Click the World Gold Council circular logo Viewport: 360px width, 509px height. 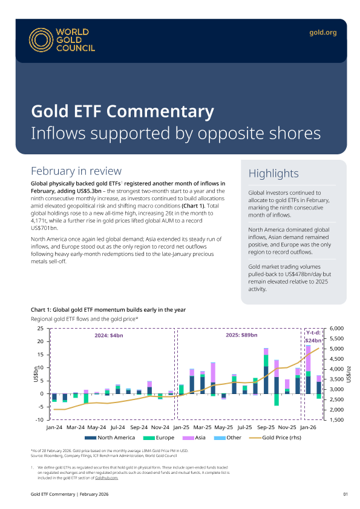(x=41, y=40)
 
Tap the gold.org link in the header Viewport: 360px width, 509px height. (x=322, y=33)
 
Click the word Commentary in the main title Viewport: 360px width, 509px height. (x=160, y=112)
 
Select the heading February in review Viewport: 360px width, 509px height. (x=76, y=171)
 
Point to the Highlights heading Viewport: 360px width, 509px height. (x=273, y=173)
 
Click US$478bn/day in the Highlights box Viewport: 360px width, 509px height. (x=296, y=274)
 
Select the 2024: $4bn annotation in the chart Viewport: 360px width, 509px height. (x=109, y=335)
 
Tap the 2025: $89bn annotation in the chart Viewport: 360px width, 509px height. (x=241, y=335)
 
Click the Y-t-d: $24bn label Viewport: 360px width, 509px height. (x=313, y=337)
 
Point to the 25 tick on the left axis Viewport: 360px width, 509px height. (x=41, y=328)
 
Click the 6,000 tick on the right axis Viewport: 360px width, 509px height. (x=336, y=328)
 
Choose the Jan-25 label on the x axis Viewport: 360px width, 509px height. (x=181, y=427)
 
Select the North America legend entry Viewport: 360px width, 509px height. (x=110, y=438)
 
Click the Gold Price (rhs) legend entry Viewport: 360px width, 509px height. (x=275, y=438)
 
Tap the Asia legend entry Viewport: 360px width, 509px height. (x=194, y=438)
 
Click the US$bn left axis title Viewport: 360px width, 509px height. (x=36, y=374)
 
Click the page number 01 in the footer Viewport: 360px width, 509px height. (x=345, y=494)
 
